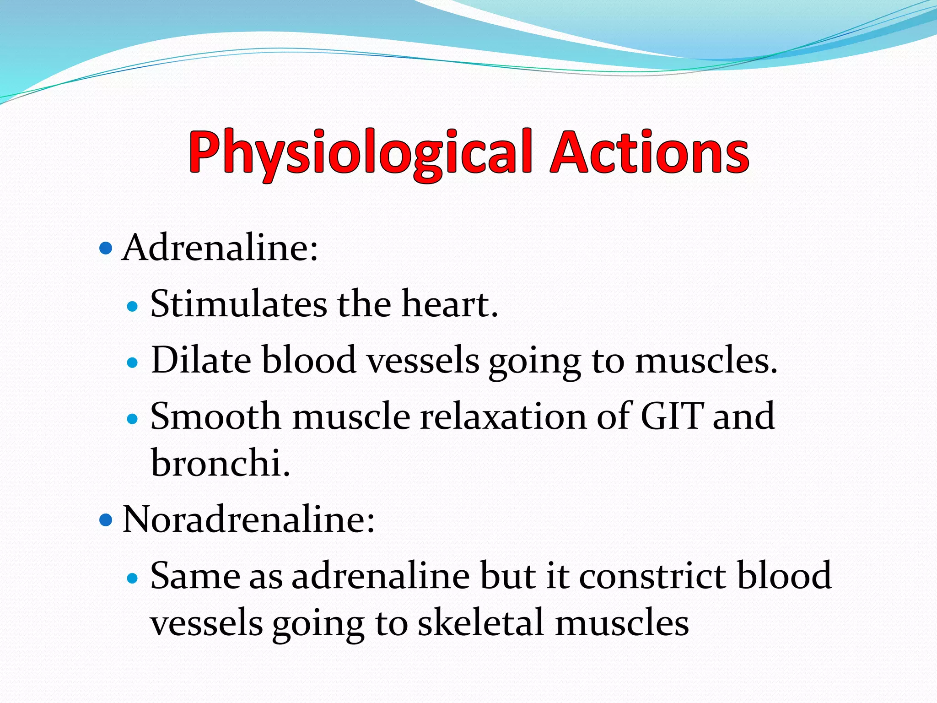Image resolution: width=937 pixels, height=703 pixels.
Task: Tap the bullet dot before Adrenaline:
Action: coord(105,249)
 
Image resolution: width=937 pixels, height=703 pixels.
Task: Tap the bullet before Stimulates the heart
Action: coord(132,306)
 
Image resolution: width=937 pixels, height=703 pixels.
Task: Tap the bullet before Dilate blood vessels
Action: coord(132,363)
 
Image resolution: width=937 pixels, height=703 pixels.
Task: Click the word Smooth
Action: coord(215,416)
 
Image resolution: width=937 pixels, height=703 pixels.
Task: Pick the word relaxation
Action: coord(503,416)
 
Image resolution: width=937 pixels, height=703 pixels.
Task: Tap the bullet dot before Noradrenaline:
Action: coord(105,520)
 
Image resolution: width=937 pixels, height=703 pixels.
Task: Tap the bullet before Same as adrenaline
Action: coord(132,579)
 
